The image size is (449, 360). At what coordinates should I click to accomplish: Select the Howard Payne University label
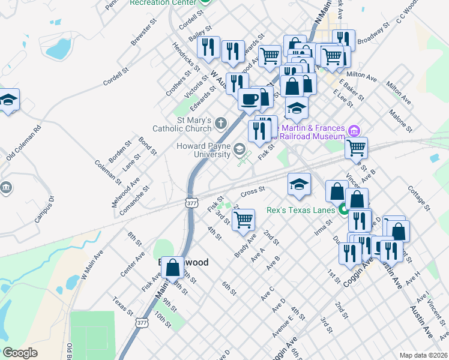coord(203,150)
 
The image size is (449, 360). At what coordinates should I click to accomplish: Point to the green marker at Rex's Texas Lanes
coord(344,209)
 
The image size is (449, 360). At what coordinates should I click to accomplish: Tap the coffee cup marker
coord(249,99)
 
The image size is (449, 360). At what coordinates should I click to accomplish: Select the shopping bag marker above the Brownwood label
coord(172,269)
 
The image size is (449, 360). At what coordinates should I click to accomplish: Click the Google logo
coord(20,353)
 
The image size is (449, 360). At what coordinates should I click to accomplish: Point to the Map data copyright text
coord(424,355)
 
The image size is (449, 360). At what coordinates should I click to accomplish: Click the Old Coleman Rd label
coord(24,143)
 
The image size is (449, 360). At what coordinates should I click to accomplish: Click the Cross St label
coord(253,191)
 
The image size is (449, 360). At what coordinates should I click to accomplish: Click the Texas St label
coord(122,306)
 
